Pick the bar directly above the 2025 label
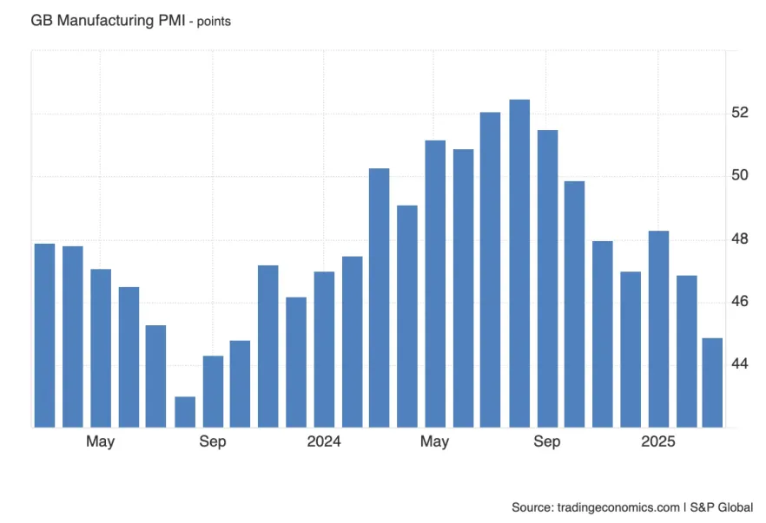tap(658, 329)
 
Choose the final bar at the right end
tap(712, 382)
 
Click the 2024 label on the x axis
tap(324, 442)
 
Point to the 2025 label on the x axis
tap(658, 442)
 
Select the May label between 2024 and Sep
tap(434, 442)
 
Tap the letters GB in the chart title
tap(41, 19)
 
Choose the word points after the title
tap(214, 20)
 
